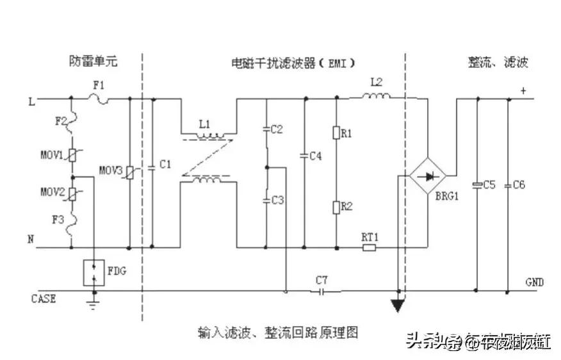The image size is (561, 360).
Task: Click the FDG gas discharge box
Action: (x=94, y=272)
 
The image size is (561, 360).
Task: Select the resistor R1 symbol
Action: (x=336, y=133)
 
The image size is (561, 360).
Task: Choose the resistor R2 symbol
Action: (x=336, y=206)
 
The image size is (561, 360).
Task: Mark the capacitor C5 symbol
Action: (x=477, y=184)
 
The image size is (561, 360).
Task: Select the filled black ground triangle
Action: (x=398, y=306)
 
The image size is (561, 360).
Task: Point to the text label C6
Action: (x=519, y=184)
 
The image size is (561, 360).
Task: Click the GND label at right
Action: (x=534, y=281)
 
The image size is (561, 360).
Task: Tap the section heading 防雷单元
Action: (x=93, y=62)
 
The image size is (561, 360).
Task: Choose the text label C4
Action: (x=314, y=156)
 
